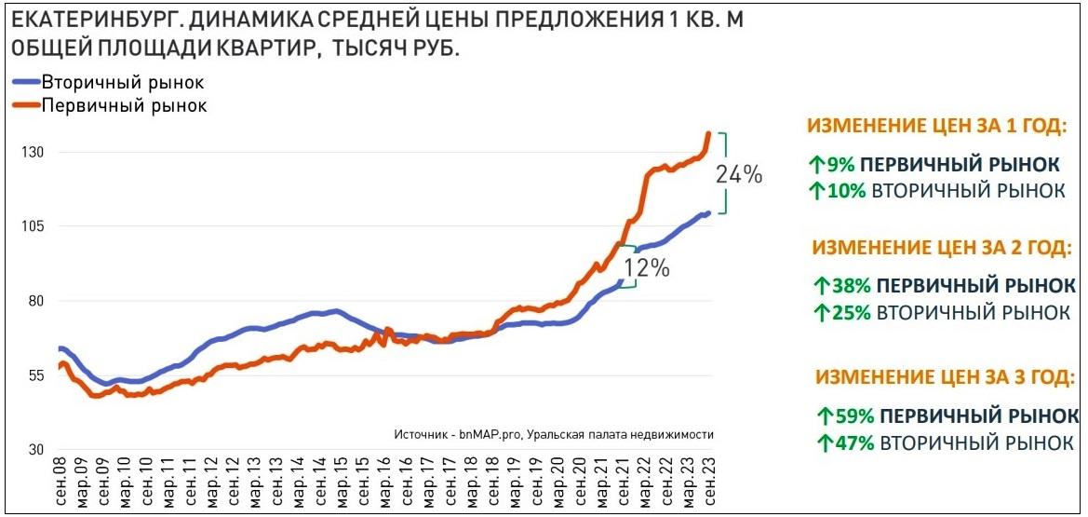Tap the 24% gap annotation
tap(738, 174)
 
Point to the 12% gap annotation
tap(647, 268)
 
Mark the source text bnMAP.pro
tap(489, 434)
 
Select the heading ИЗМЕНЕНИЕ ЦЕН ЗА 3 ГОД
tap(946, 377)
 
